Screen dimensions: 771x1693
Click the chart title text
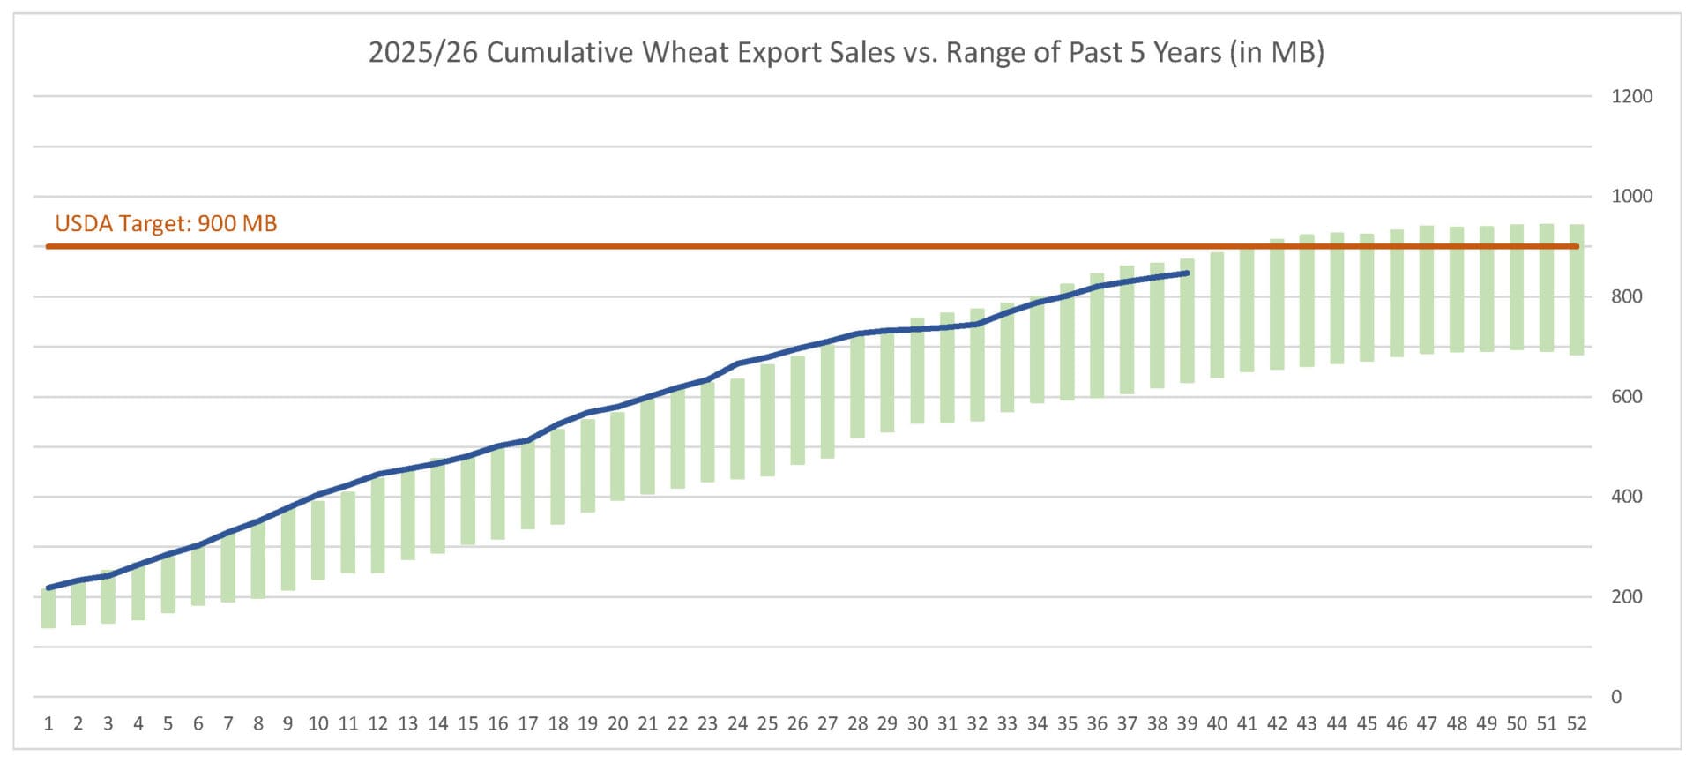pyautogui.click(x=846, y=52)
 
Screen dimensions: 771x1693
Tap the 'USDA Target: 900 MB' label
pyautogui.click(x=166, y=223)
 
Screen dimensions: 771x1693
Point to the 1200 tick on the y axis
pyautogui.click(x=1631, y=96)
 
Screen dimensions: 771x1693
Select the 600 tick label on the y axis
pyautogui.click(x=1626, y=396)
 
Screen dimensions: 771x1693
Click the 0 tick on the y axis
pyautogui.click(x=1615, y=697)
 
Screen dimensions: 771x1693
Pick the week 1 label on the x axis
pyautogui.click(x=48, y=723)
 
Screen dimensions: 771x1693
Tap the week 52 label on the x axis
pyautogui.click(x=1577, y=723)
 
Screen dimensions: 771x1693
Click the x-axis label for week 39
pyautogui.click(x=1187, y=723)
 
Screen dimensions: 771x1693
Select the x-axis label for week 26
pyautogui.click(x=797, y=723)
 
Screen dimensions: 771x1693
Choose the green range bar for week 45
pyautogui.click(x=1367, y=297)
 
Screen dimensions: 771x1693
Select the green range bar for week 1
pyautogui.click(x=48, y=609)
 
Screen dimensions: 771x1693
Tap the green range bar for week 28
pyautogui.click(x=857, y=388)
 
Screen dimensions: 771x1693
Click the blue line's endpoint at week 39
pyautogui.click(x=1187, y=273)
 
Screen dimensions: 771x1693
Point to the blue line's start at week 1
pyautogui.click(x=48, y=588)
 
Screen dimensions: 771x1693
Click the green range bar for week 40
pyautogui.click(x=1217, y=315)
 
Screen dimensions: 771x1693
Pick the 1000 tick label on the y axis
pyautogui.click(x=1631, y=196)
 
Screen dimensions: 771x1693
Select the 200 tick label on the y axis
pyautogui.click(x=1626, y=596)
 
